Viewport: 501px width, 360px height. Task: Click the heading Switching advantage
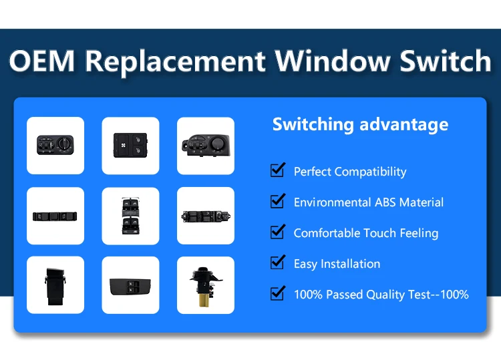coord(360,124)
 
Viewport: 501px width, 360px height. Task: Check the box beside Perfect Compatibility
coord(277,170)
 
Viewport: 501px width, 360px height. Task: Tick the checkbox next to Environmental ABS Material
coord(277,201)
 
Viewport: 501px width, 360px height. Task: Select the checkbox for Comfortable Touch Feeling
coord(277,232)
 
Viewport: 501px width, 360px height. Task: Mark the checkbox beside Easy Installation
coord(277,262)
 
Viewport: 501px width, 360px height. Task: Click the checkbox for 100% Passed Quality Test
coord(277,293)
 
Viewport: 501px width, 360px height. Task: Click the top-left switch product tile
coord(55,146)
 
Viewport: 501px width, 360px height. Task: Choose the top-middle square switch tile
coord(130,146)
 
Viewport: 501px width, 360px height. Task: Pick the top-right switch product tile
coord(205,146)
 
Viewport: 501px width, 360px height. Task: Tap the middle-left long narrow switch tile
coord(55,216)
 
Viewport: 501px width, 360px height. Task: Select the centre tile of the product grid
coord(130,216)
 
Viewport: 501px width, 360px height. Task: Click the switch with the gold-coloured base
coord(205,285)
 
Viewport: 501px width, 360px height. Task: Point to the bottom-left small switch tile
coord(55,285)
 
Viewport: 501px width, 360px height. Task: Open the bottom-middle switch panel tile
coord(130,285)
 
